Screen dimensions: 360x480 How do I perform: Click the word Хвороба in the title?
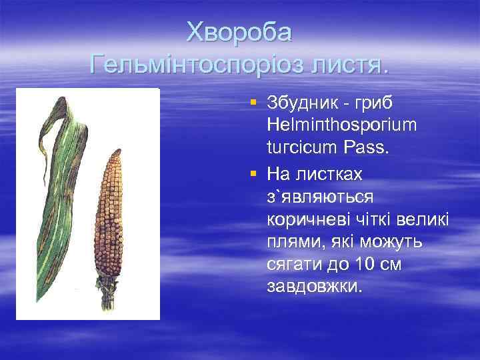pyautogui.click(x=239, y=31)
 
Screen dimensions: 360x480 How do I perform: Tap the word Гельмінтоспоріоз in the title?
pyautogui.click(x=194, y=65)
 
